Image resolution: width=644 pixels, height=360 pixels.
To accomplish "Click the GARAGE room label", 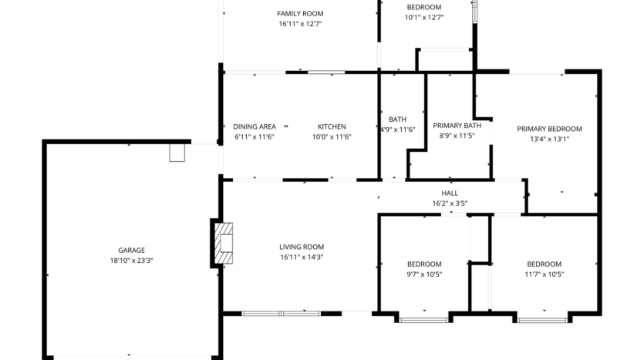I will [x=131, y=250].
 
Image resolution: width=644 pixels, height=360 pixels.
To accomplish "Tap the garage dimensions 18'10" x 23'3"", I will [x=131, y=261].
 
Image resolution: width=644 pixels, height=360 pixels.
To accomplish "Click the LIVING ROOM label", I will [x=301, y=247].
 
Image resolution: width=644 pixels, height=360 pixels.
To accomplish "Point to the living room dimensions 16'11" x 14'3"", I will [x=301, y=257].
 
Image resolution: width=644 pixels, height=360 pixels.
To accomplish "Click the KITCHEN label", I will [x=332, y=126].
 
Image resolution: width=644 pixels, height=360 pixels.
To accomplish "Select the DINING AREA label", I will [x=255, y=126].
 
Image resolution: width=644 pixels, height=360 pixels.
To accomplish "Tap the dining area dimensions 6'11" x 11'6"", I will [x=255, y=136].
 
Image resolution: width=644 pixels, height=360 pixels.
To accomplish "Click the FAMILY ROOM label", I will [x=300, y=13].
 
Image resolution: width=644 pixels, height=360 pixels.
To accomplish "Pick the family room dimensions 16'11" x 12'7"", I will [x=300, y=24].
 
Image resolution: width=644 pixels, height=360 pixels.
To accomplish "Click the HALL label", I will [x=450, y=193].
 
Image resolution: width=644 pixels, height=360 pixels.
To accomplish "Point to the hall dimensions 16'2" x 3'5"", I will [x=450, y=204].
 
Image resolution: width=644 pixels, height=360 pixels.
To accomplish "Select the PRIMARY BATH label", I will [x=457, y=125].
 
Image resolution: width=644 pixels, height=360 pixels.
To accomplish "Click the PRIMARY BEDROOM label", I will [x=549, y=129].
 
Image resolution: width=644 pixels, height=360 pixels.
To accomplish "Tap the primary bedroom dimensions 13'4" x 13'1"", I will [x=549, y=140].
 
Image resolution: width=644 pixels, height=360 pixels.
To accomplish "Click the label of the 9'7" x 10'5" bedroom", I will [x=424, y=264].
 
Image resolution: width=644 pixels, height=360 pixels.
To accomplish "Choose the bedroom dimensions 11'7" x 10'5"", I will [x=544, y=274].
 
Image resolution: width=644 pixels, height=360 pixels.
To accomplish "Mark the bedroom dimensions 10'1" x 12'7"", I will [x=424, y=17].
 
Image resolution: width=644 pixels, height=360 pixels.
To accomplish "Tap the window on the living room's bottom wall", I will [x=281, y=313].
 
